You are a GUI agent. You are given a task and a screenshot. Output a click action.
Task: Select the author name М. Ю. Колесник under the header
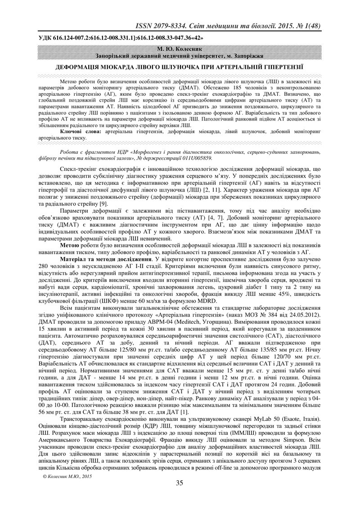point(180,47)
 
